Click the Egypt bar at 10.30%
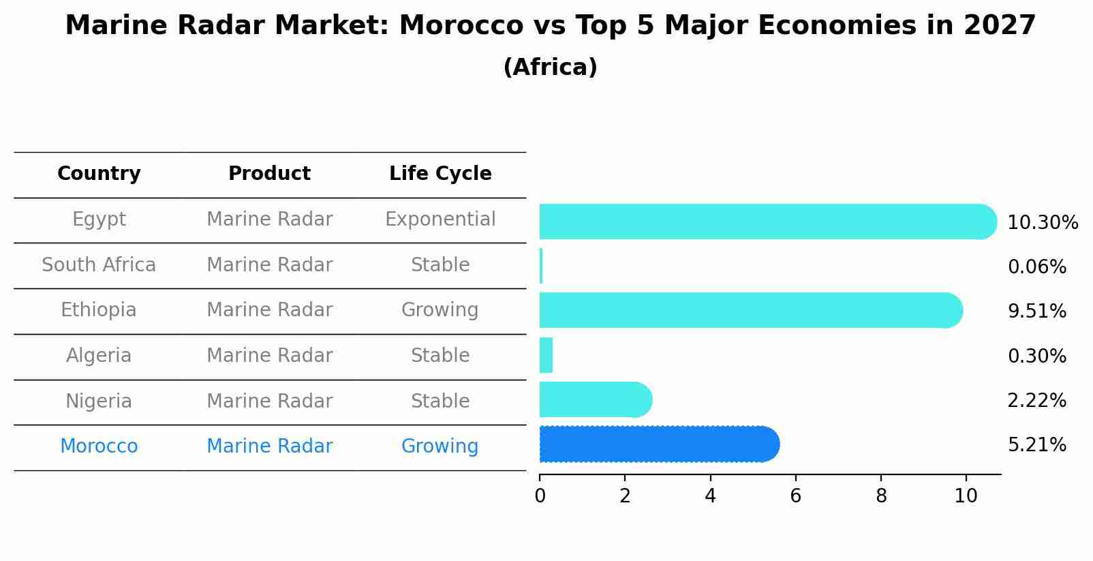[767, 222]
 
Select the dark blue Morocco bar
[658, 444]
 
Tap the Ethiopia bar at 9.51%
[750, 310]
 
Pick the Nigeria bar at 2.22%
[594, 399]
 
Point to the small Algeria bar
[546, 355]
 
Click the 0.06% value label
[1036, 267]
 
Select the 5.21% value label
[1036, 445]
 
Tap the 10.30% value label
[1042, 223]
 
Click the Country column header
[99, 174]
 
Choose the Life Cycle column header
[440, 174]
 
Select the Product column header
[269, 174]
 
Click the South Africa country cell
[99, 265]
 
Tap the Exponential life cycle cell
[440, 219]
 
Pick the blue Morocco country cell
[99, 446]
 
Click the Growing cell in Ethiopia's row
[440, 310]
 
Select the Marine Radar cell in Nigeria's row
[269, 401]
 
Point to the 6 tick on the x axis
[795, 496]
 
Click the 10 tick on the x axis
[966, 496]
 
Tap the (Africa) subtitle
[550, 67]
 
